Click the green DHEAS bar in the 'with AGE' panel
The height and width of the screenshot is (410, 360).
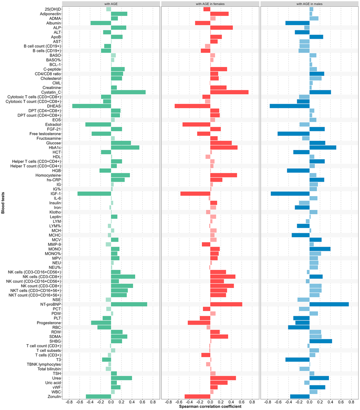(92, 106)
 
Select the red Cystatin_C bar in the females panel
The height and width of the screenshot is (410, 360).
(229, 92)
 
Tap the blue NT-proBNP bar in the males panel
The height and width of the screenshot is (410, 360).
(329, 304)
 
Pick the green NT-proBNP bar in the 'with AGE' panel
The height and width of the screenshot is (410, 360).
(129, 304)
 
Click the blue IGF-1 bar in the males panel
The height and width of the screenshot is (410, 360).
(290, 194)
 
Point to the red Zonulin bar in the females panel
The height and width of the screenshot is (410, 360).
(197, 396)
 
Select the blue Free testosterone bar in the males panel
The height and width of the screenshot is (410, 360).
(293, 134)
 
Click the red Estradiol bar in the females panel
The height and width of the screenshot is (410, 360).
(196, 125)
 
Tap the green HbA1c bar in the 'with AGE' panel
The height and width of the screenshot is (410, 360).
(125, 147)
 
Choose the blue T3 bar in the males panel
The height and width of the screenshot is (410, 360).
(298, 360)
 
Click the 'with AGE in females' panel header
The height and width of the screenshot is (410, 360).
(210, 4)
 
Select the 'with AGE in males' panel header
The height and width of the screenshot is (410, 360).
(310, 4)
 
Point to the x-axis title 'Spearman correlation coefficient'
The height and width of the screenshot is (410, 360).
(210, 407)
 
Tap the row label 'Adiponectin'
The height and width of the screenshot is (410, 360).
(50, 14)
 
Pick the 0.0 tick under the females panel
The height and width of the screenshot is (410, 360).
(210, 402)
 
